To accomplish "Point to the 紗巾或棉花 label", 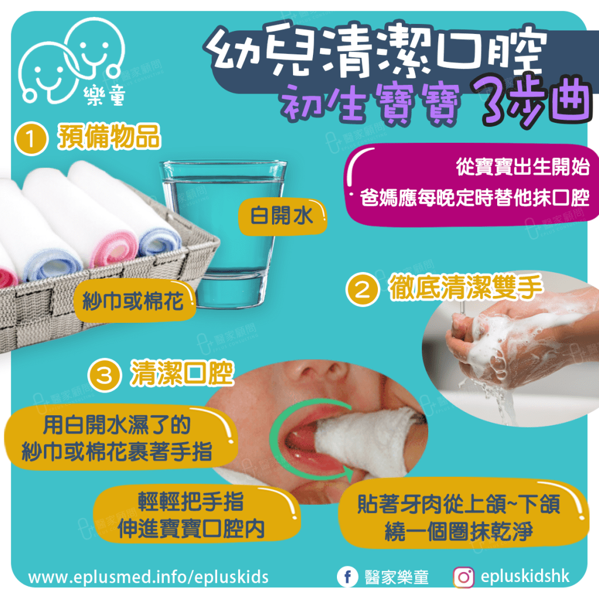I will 134,302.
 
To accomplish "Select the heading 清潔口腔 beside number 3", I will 181,374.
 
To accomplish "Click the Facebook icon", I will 347,577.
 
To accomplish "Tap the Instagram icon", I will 463,577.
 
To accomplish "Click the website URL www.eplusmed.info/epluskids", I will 149,577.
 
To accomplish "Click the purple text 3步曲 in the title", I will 529,99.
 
